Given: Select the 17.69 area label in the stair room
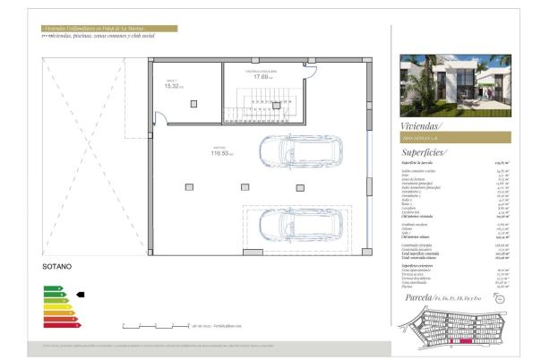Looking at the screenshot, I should (262, 76).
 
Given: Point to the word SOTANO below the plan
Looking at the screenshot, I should (58, 267).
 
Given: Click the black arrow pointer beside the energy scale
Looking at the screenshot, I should (80, 293).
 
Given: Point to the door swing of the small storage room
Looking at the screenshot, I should (159, 116).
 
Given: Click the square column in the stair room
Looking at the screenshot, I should (276, 104).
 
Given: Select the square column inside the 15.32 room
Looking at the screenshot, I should (194, 103).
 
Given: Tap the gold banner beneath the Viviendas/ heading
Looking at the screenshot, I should (455, 138).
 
